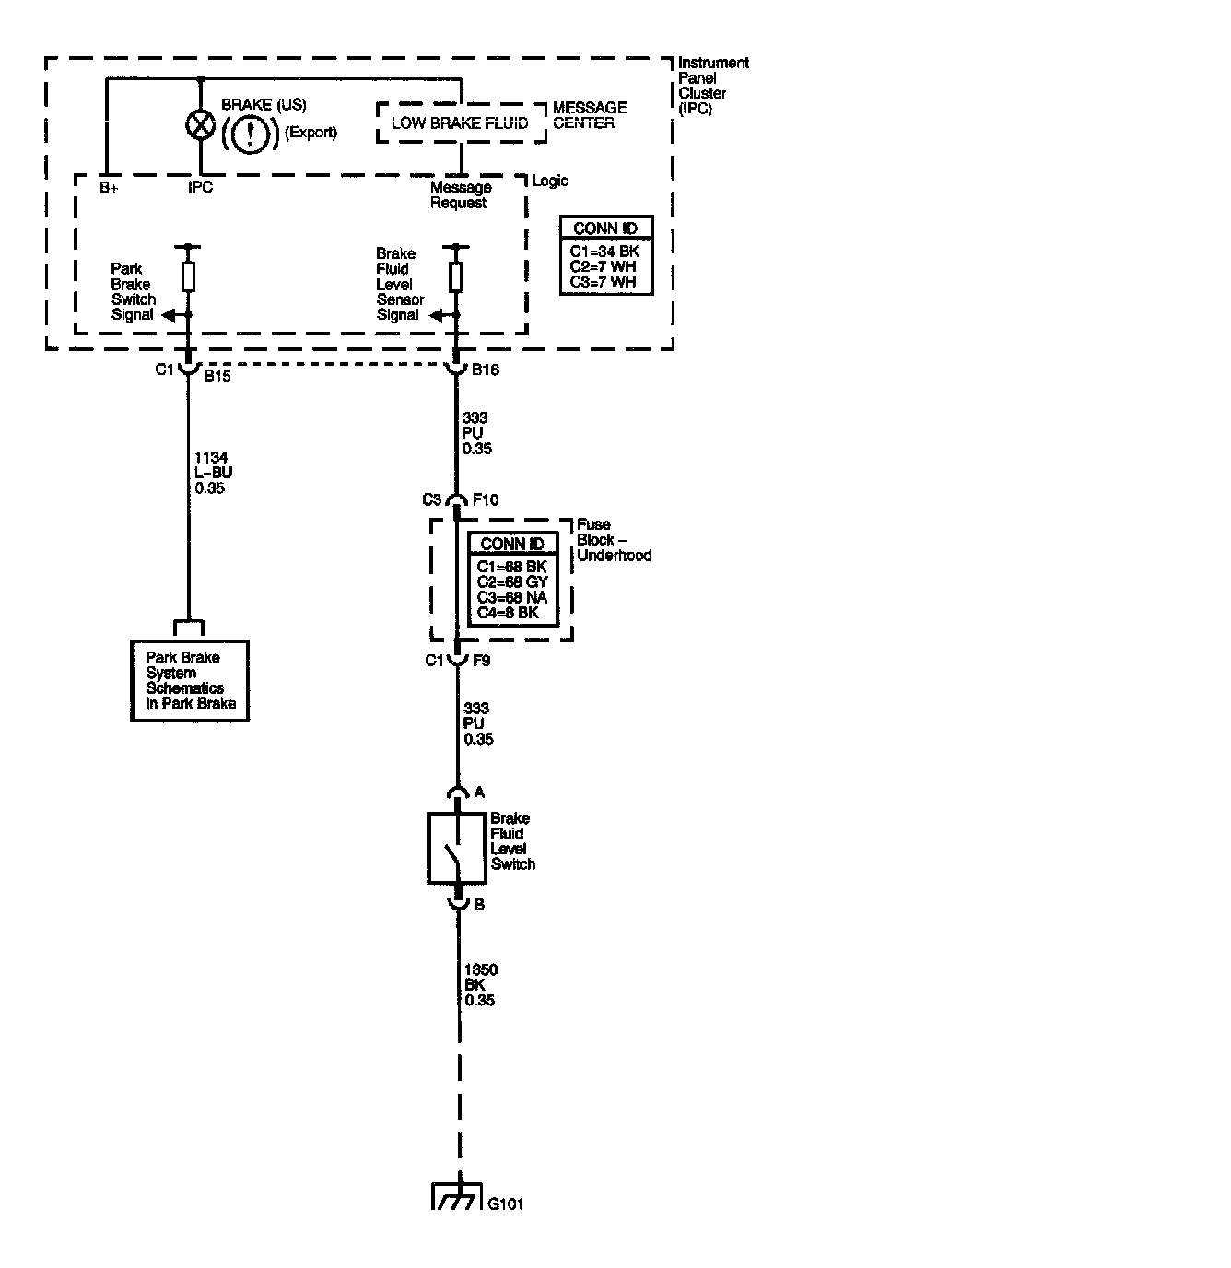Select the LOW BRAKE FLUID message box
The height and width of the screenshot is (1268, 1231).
[460, 123]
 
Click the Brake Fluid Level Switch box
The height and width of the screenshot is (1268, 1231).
[457, 848]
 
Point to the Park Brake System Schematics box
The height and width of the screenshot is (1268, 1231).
[190, 680]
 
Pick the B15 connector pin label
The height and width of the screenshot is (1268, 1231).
[217, 377]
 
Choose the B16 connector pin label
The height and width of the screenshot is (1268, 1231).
[486, 370]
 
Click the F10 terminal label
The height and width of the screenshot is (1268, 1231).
[486, 500]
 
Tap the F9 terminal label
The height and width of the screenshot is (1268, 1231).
[482, 660]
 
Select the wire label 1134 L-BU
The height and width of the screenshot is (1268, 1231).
[212, 473]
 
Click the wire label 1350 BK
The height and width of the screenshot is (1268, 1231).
[481, 985]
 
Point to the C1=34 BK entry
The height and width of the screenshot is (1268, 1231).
[604, 252]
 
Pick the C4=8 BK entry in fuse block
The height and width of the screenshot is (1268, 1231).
[508, 613]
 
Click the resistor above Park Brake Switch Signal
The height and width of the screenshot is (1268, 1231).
[188, 276]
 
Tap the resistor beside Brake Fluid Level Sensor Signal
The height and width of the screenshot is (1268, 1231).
[455, 276]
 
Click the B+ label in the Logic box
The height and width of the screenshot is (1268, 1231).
[109, 188]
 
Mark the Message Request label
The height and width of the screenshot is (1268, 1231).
[461, 195]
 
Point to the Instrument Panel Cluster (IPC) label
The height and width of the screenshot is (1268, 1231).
[712, 86]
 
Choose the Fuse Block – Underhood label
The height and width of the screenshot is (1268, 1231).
[614, 540]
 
